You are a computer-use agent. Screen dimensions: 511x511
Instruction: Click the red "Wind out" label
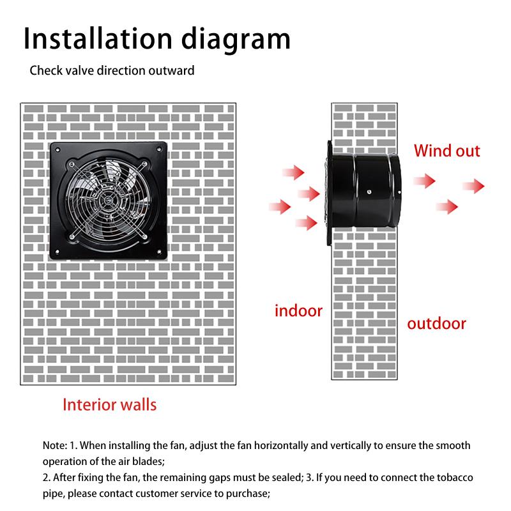[x=447, y=151]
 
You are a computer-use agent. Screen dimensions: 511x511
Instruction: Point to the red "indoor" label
[x=298, y=311]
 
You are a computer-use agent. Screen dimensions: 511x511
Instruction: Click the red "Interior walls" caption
[x=109, y=404]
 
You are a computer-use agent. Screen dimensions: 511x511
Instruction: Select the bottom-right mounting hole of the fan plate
[x=158, y=250]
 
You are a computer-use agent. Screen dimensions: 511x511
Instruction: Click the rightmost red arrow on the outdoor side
[x=474, y=186]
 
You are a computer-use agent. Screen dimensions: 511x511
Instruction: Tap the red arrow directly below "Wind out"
[x=423, y=181]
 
